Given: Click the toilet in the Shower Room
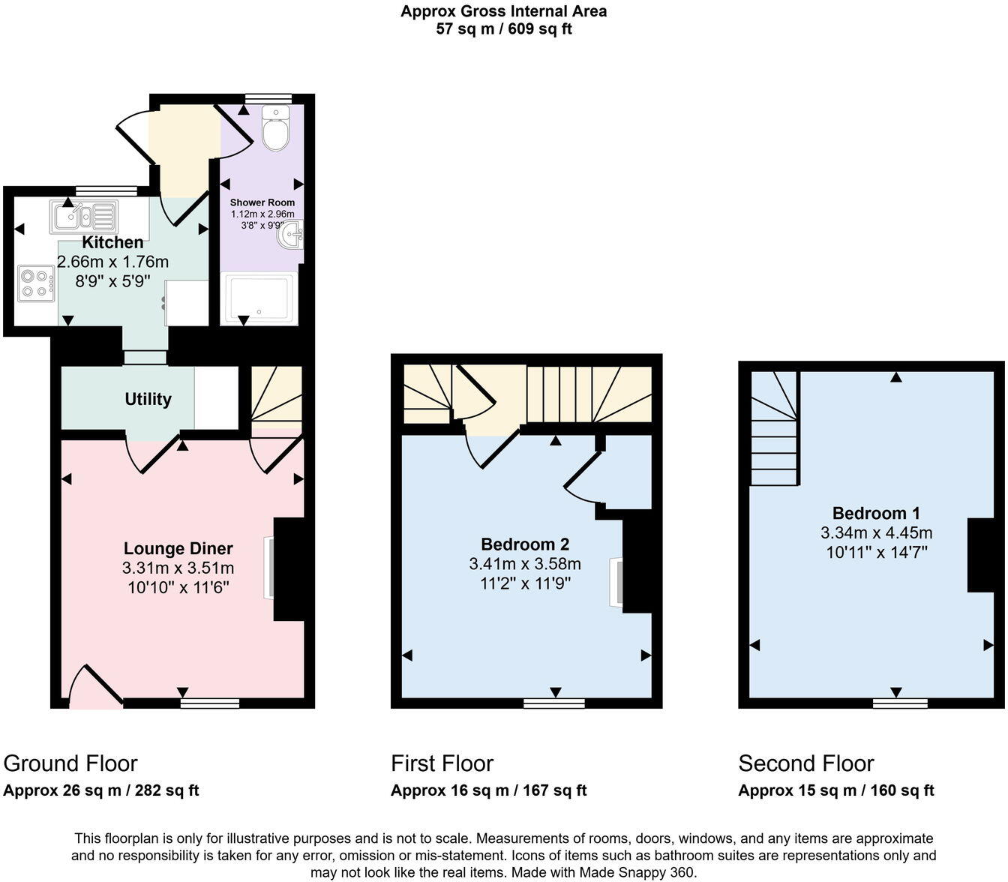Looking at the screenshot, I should pyautogui.click(x=276, y=128).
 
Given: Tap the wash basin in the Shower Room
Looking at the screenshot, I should pyautogui.click(x=291, y=236).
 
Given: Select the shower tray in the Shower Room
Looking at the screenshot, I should pyautogui.click(x=259, y=298).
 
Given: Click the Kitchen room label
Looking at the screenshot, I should pyautogui.click(x=112, y=242).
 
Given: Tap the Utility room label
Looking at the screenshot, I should pyautogui.click(x=148, y=399).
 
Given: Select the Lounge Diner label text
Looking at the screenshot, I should pyautogui.click(x=178, y=549).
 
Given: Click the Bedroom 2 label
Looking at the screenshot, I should pyautogui.click(x=525, y=544).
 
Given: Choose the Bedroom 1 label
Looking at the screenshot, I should pyautogui.click(x=876, y=514).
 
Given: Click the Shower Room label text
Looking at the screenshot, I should pyautogui.click(x=262, y=202).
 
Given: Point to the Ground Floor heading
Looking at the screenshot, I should pyautogui.click(x=70, y=763).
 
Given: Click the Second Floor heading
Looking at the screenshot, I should pyautogui.click(x=806, y=763).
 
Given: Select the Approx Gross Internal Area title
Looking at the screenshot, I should pyautogui.click(x=503, y=11).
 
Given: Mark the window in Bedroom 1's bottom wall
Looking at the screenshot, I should pyautogui.click(x=899, y=703).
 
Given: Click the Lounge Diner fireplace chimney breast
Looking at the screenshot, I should pyautogui.click(x=289, y=569).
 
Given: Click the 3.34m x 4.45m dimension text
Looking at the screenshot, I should pyautogui.click(x=876, y=533).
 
